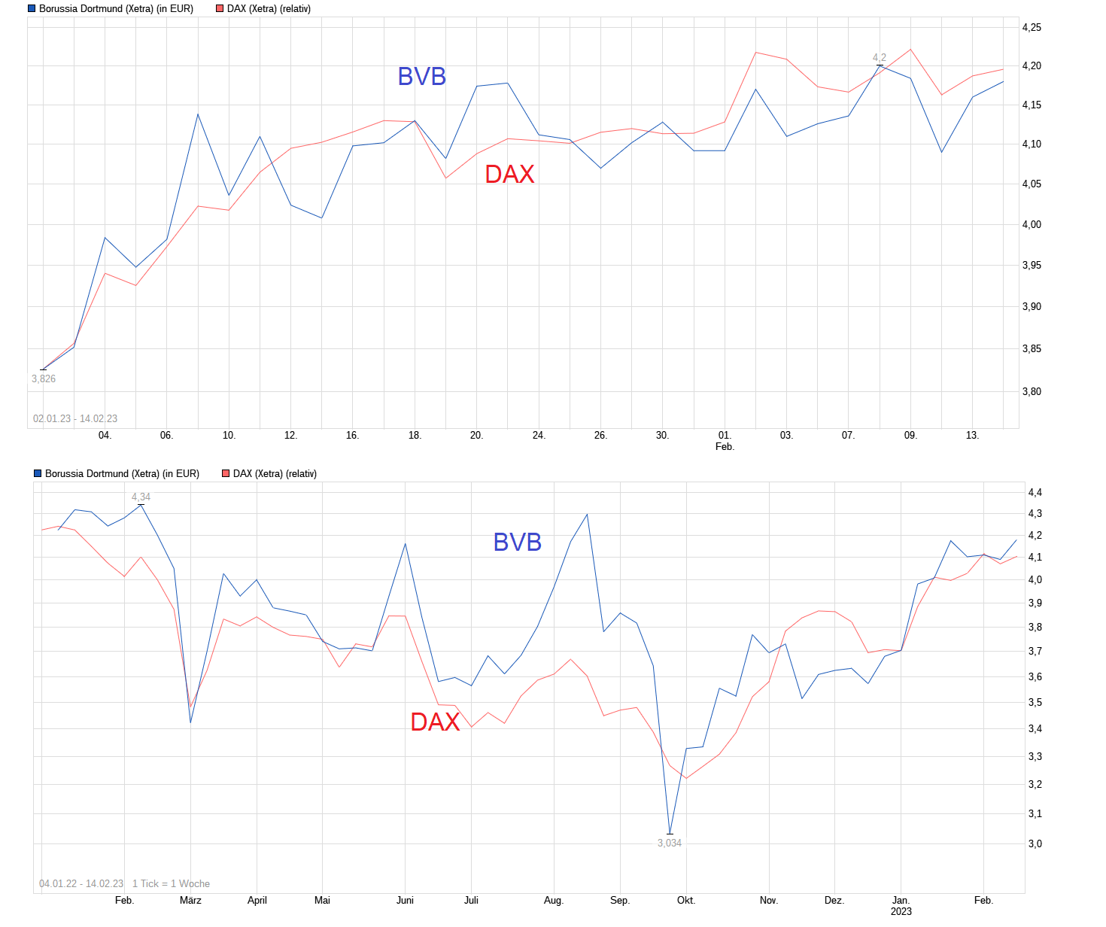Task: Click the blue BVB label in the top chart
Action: tap(421, 77)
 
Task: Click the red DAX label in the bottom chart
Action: tap(435, 722)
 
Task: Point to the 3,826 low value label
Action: tap(44, 378)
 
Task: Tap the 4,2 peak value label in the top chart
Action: tap(880, 57)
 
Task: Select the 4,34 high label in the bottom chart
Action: tap(141, 497)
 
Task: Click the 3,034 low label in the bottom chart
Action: tap(670, 843)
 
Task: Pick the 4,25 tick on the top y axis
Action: tap(1032, 27)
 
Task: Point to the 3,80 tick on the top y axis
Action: tap(1032, 391)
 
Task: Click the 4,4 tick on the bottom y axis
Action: tap(1035, 492)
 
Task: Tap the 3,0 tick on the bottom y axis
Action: tap(1035, 843)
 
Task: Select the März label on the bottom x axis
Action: tap(190, 900)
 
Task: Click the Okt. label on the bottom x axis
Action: tap(686, 900)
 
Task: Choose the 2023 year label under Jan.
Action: tap(901, 911)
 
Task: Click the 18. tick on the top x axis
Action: tap(415, 435)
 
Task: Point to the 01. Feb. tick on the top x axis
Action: tap(725, 440)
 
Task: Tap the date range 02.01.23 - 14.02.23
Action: tap(75, 418)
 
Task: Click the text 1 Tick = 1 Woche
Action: tap(171, 883)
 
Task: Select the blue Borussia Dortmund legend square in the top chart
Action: tap(32, 9)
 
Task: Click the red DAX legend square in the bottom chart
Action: tap(226, 474)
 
